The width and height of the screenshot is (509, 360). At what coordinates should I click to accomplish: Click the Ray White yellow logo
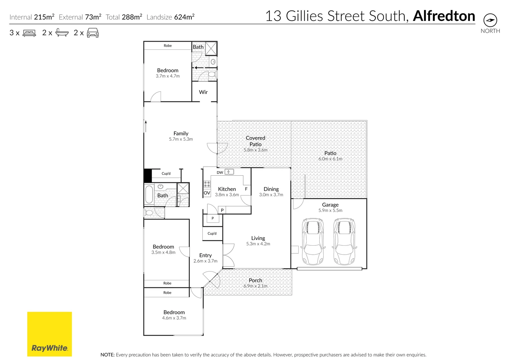click(49, 334)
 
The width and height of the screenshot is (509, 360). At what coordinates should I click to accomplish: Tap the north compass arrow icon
click(490, 20)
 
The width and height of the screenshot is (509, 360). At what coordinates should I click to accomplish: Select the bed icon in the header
click(29, 33)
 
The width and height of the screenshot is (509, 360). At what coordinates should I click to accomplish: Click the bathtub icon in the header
click(62, 33)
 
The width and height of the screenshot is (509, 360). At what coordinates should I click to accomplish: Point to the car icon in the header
click(93, 33)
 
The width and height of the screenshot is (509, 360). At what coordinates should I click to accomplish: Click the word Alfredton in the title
click(444, 16)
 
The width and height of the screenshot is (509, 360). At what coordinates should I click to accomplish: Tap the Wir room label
click(203, 92)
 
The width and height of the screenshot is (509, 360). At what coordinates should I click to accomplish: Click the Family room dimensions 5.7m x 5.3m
click(181, 139)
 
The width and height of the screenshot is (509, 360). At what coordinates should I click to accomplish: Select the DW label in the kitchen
click(220, 173)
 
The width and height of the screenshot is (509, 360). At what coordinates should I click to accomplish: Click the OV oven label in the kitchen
click(207, 193)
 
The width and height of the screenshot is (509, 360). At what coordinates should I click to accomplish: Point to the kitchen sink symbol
click(229, 172)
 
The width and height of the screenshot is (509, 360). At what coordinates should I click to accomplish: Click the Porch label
click(255, 280)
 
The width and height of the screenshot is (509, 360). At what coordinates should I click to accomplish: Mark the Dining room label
click(271, 189)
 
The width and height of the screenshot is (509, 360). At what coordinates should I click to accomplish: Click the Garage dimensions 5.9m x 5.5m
click(330, 211)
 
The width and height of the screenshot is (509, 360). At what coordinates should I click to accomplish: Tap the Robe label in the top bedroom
click(168, 46)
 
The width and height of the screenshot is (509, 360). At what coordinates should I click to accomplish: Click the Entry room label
click(205, 255)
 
